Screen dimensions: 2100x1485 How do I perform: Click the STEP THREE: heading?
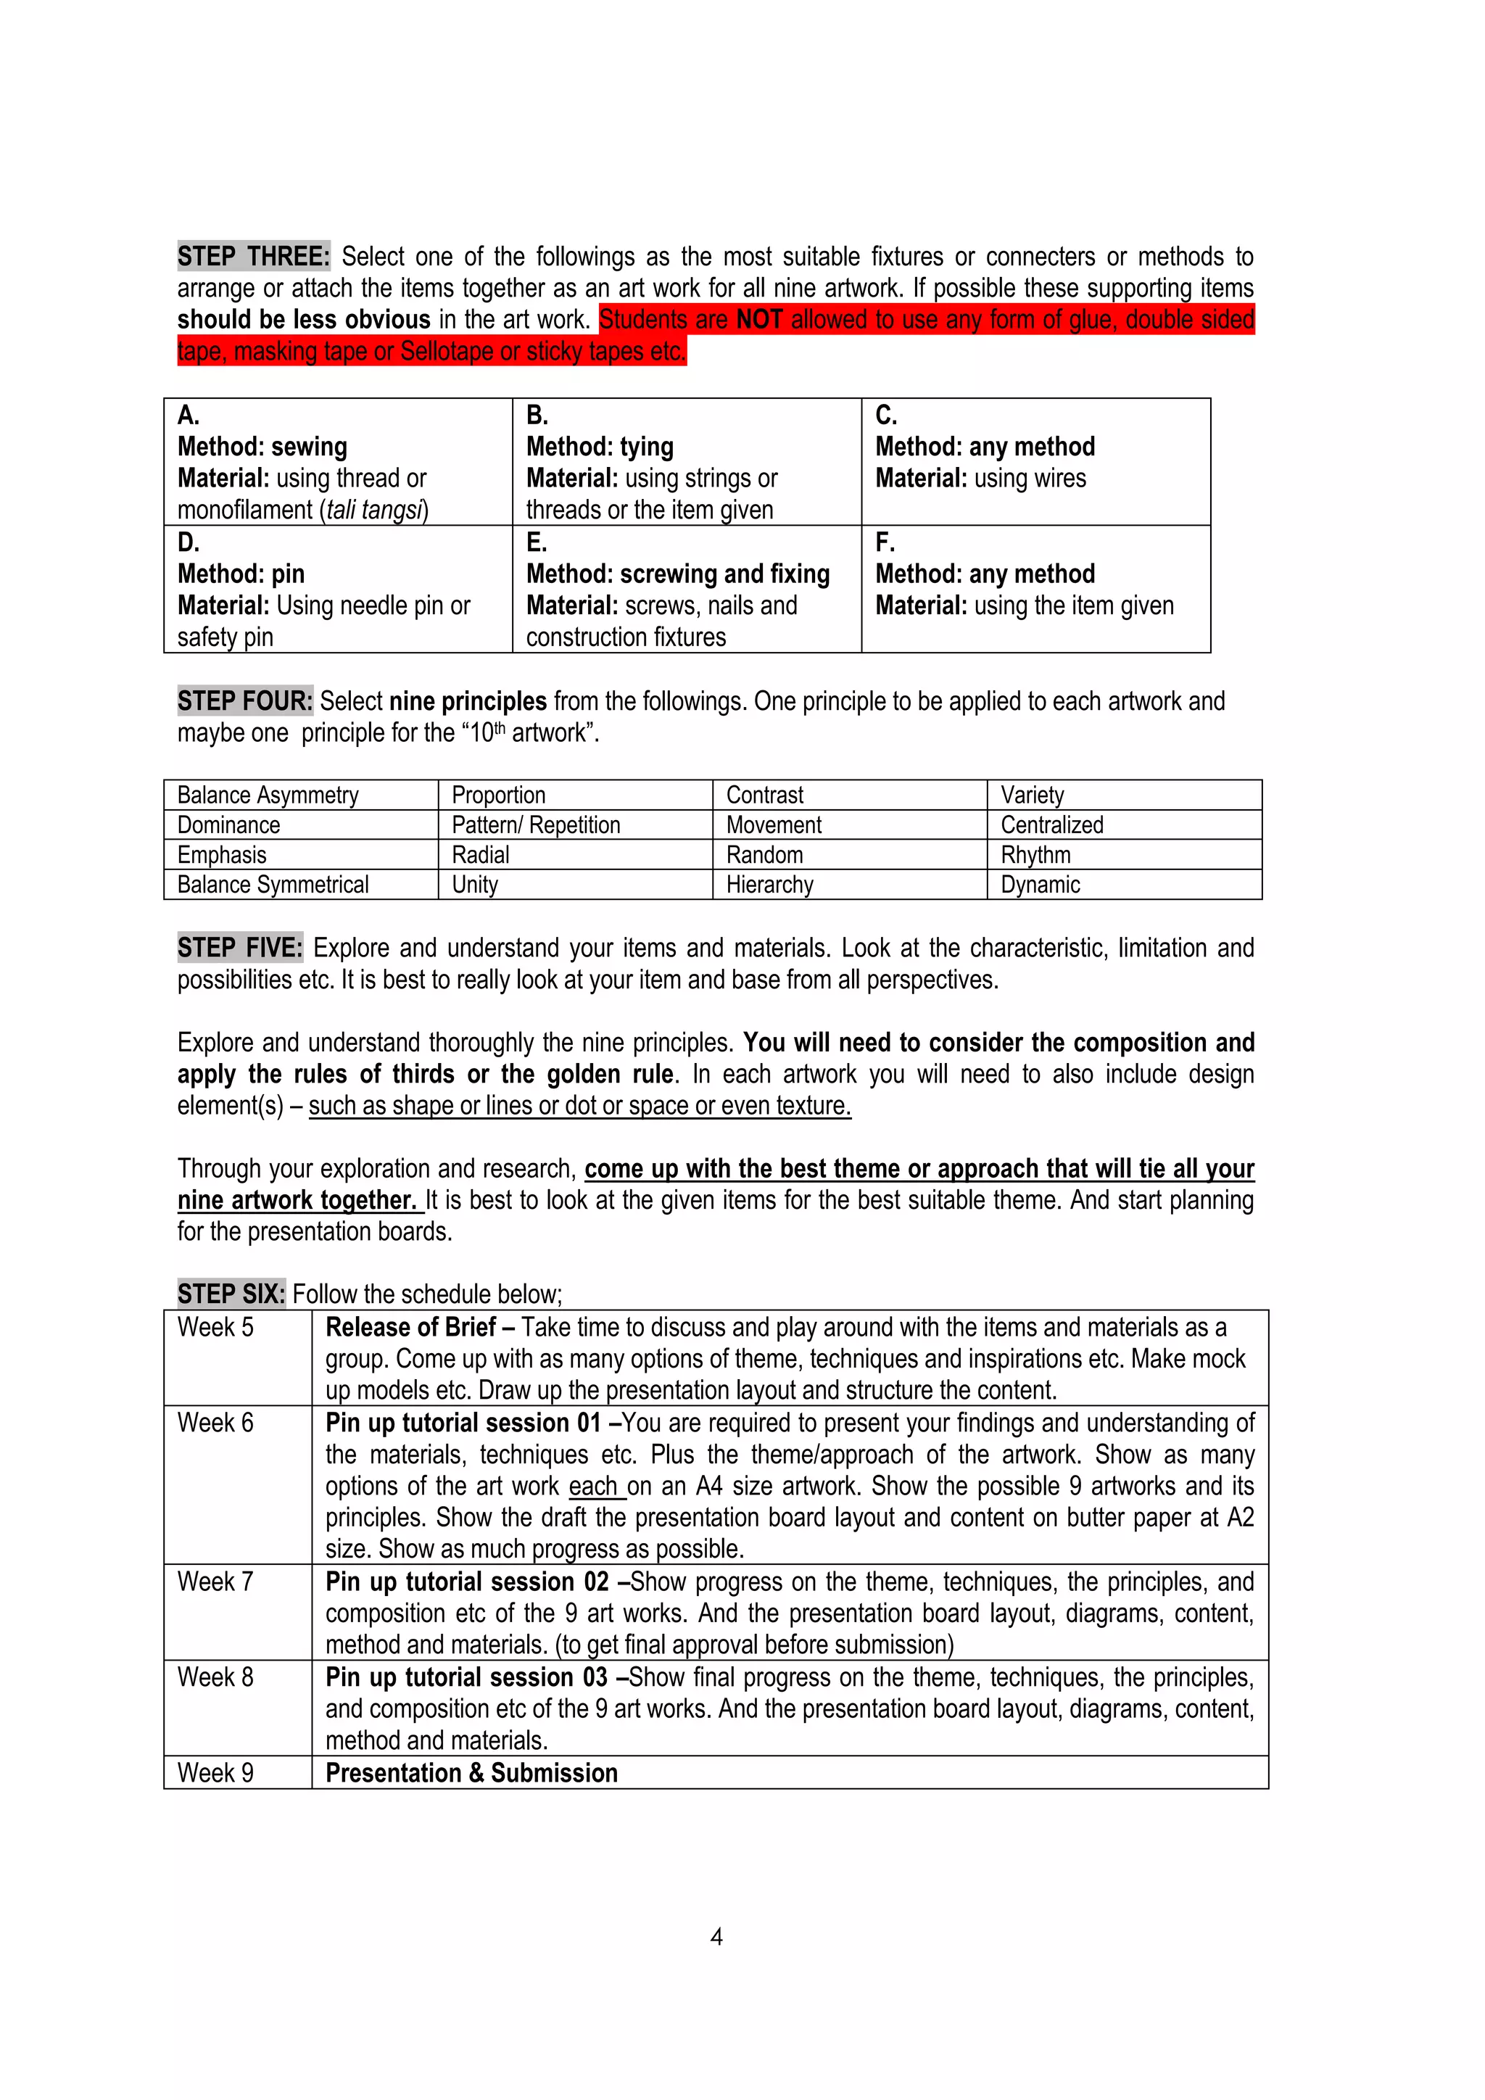point(253,256)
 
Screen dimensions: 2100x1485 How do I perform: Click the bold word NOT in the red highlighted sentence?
point(759,319)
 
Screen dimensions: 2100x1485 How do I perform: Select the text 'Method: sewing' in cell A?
point(262,447)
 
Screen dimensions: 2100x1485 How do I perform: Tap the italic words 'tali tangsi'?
point(374,510)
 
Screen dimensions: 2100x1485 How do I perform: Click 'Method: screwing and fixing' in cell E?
point(677,574)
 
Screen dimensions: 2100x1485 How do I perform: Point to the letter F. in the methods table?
point(884,542)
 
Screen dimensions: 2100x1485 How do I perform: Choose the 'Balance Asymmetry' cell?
point(268,795)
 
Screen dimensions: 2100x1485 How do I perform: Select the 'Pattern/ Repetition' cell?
point(536,825)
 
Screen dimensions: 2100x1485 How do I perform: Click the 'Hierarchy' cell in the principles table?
point(769,885)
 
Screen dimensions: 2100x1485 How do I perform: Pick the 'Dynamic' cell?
point(1040,885)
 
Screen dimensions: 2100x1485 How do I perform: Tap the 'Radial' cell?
point(480,855)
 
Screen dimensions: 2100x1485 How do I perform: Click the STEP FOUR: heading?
point(245,700)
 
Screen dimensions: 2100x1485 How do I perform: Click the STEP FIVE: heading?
point(239,948)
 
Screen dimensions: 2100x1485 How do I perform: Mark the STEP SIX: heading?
point(231,1294)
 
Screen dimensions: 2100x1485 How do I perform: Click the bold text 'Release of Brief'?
point(410,1327)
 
